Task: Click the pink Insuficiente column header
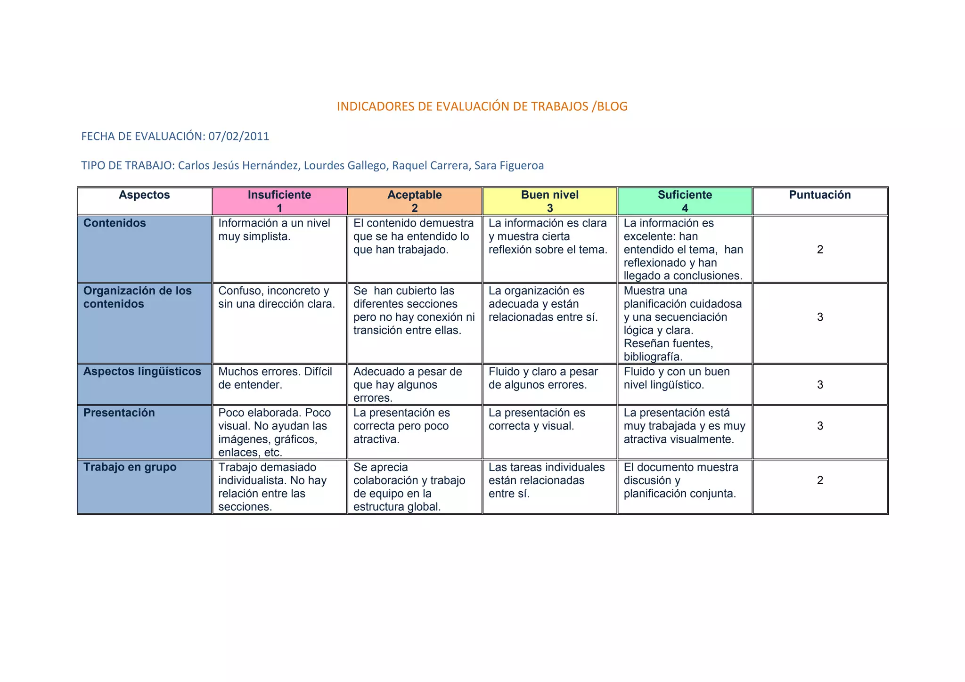279,201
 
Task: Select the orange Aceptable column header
415,201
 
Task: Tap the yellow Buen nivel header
549,201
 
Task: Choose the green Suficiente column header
685,201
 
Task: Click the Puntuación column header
820,195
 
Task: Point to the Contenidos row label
115,223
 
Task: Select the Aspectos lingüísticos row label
142,372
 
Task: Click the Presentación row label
119,413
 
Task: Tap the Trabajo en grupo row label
130,467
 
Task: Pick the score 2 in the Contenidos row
820,250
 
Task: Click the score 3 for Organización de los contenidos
820,317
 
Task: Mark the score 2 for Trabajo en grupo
820,480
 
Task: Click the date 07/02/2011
239,137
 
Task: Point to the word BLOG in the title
612,106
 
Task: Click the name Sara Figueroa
509,166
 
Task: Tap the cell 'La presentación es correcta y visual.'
537,420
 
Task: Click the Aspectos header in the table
144,195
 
